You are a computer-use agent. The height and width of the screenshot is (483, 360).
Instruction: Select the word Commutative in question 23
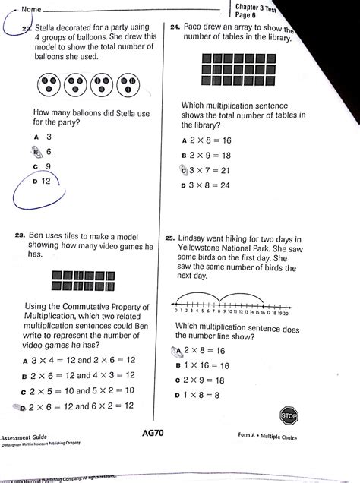(x=94, y=306)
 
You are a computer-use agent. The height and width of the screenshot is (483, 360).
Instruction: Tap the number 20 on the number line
(x=285, y=313)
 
